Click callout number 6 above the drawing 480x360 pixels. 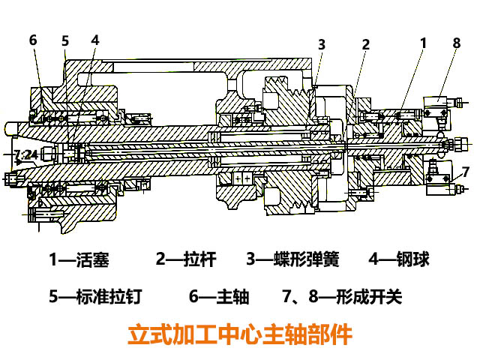point(33,40)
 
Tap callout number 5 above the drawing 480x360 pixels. point(65,40)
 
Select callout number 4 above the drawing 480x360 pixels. point(94,39)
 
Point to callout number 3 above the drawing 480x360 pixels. point(321,44)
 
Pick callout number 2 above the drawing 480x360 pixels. point(365,44)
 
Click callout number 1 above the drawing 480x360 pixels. point(423,43)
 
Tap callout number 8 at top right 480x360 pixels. point(456,43)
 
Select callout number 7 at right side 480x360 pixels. point(465,170)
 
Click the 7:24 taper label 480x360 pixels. point(25,155)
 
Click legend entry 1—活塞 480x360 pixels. point(79,260)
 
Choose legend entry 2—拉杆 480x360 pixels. point(186,260)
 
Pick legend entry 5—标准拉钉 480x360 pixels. point(94,297)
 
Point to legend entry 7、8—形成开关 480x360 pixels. point(342,297)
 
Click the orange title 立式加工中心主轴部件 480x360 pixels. point(239,334)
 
